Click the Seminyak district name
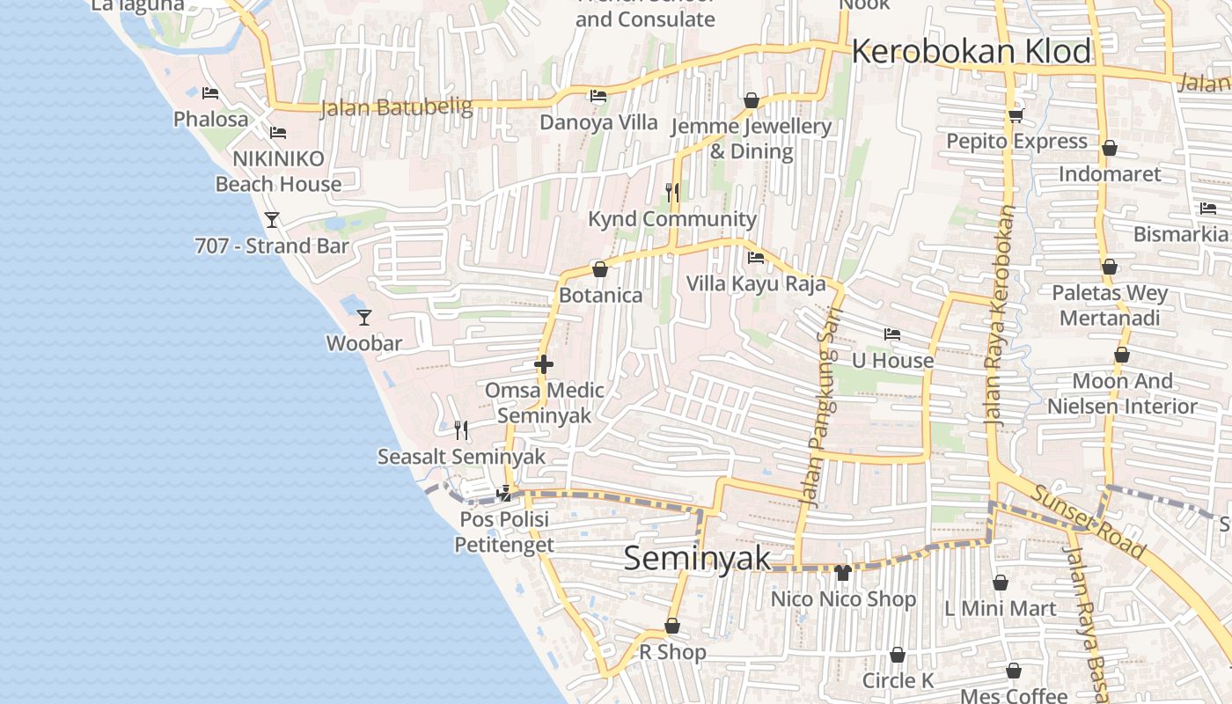[x=697, y=559]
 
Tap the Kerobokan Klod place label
[x=971, y=52]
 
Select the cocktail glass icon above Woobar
[x=364, y=317]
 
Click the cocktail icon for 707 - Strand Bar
[x=272, y=219]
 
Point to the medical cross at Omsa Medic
[x=544, y=364]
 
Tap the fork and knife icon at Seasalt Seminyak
[x=460, y=429]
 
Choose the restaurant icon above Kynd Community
[x=672, y=192]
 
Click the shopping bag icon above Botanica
[x=600, y=268]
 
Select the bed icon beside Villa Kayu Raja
[x=755, y=258]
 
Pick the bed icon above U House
[x=892, y=334]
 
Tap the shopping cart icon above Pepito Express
[x=1016, y=115]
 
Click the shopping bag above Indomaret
[x=1110, y=148]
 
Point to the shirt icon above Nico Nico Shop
[x=843, y=573]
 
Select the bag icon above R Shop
[x=672, y=626]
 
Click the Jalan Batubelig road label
[x=395, y=107]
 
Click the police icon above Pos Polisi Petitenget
[x=505, y=493]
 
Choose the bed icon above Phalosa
[x=210, y=92]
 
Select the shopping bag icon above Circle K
[x=898, y=655]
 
